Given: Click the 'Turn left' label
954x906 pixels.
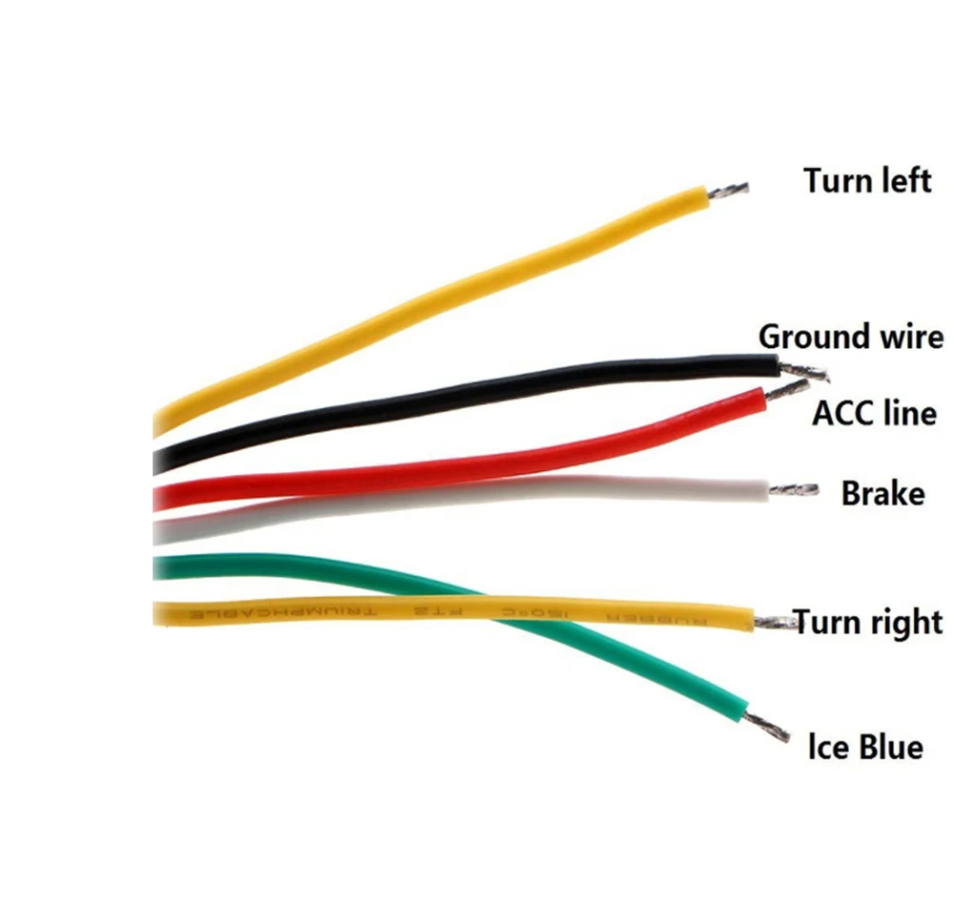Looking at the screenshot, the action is (866, 179).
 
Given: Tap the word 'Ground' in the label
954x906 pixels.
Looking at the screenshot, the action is (811, 337).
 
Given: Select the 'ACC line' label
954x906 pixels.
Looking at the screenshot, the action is (874, 414).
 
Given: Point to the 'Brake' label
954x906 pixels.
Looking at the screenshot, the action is (882, 494).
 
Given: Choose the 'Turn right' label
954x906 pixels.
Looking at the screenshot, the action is (868, 623).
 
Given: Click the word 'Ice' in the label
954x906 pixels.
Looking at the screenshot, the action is (827, 746).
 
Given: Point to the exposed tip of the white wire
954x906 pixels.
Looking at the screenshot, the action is (794, 490).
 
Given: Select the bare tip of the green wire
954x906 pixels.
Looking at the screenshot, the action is (769, 727).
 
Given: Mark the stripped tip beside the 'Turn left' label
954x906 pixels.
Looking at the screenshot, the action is (727, 190).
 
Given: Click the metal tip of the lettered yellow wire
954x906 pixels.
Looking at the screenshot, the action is (775, 624).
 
